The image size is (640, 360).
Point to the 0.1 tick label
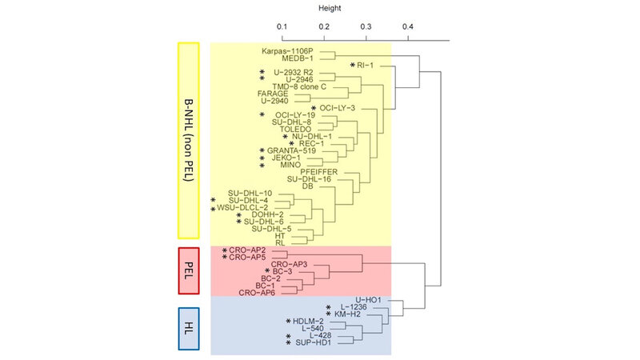click(282, 26)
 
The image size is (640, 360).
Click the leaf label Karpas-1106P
click(287, 50)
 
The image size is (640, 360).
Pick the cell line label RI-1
click(366, 65)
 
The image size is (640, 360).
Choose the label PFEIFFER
click(318, 172)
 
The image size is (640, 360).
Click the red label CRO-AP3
click(290, 264)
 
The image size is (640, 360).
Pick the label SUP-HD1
click(313, 342)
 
